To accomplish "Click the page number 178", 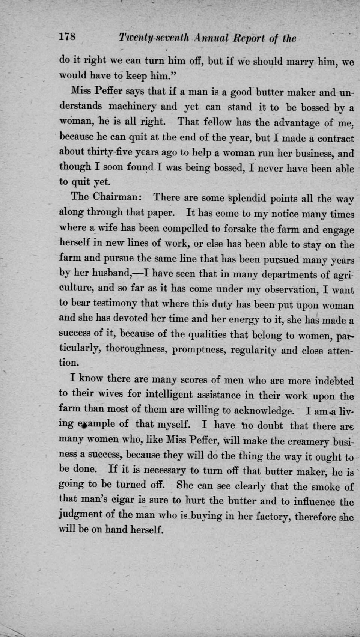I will point(68,37).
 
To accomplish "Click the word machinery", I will point(133,107).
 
